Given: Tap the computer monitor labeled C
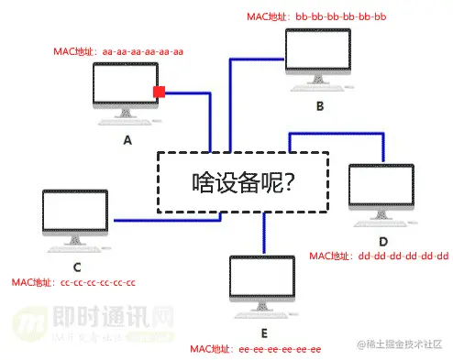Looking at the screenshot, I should [75, 216].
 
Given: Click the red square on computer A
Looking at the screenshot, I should [159, 92].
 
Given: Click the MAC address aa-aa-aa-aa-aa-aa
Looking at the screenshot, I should [118, 51].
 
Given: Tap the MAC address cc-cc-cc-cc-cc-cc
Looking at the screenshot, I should [73, 282].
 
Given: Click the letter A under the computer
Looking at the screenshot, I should [127, 140].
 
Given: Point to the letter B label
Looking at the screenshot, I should [320, 106].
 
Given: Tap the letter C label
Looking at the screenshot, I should [76, 267].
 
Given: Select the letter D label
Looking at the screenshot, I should [383, 240].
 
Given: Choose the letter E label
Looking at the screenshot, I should [264, 333].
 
